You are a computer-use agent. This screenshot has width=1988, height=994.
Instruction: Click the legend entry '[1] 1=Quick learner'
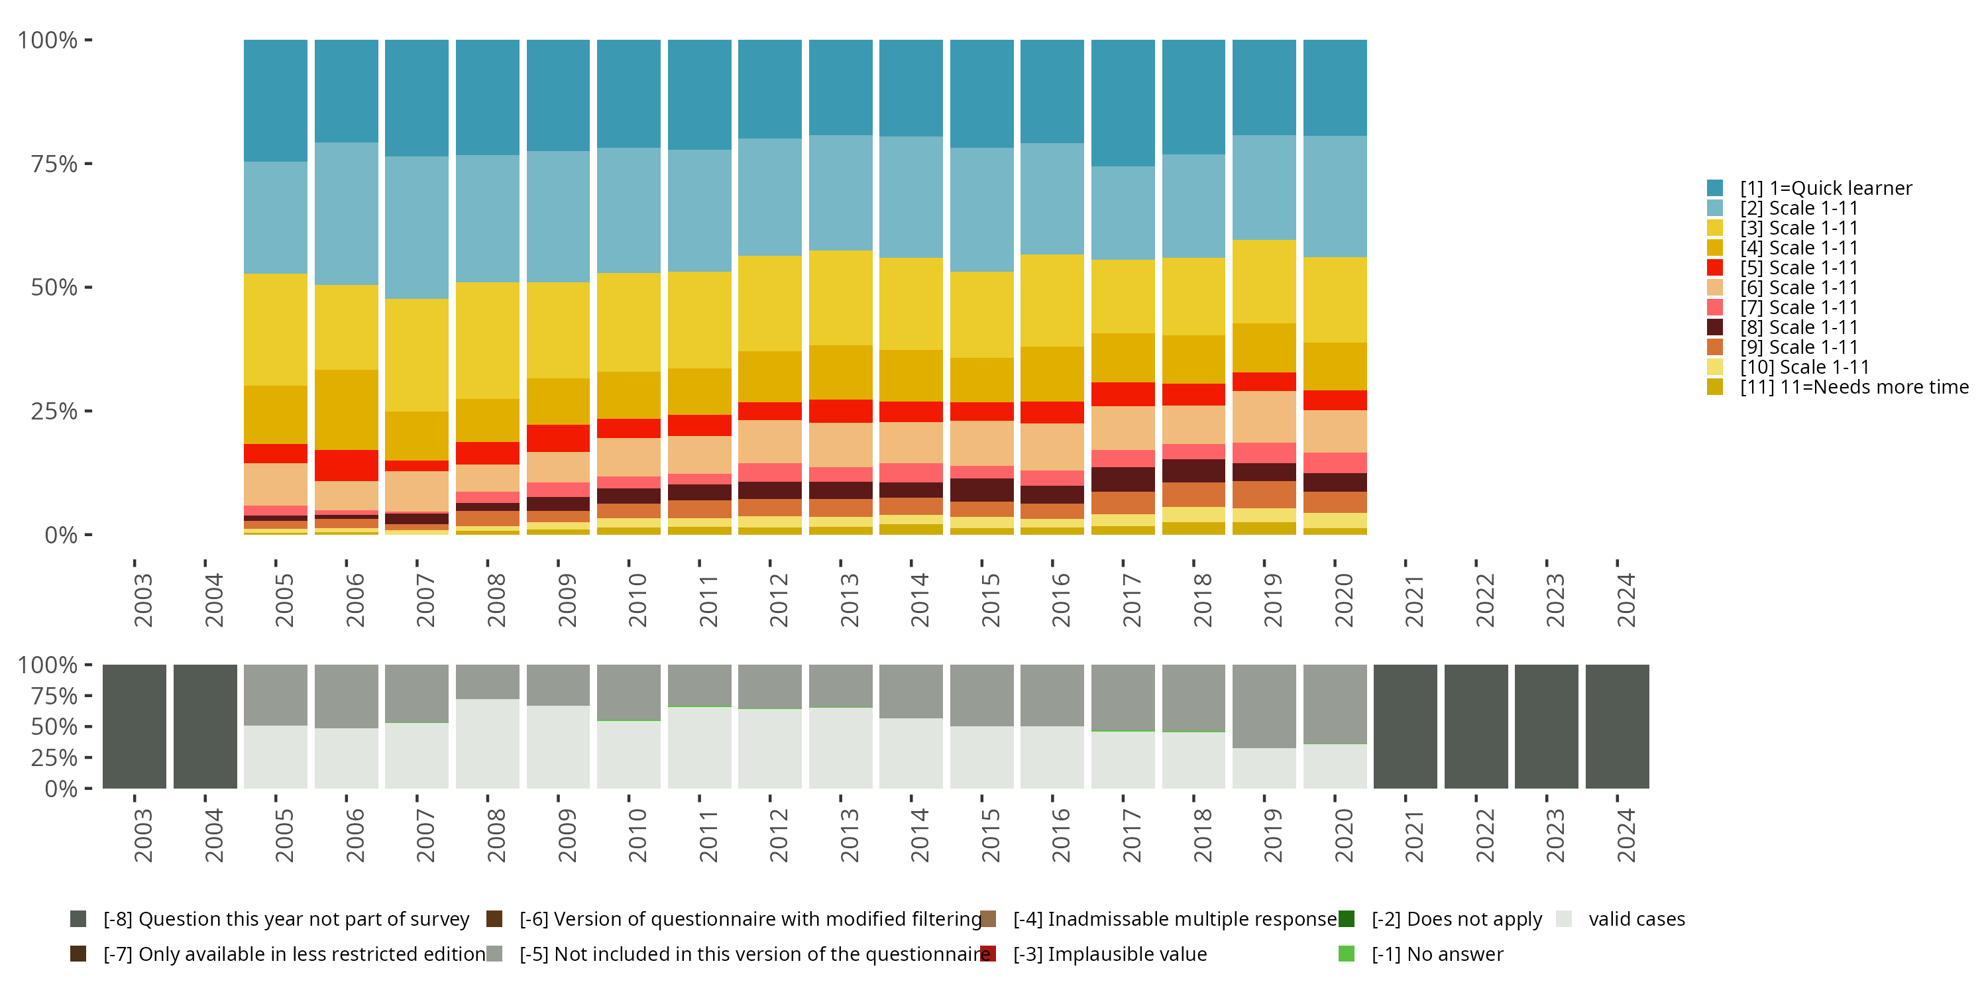point(1825,188)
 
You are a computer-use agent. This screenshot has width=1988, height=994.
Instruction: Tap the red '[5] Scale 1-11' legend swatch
point(1715,268)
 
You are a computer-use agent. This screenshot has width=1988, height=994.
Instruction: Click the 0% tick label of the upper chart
point(60,535)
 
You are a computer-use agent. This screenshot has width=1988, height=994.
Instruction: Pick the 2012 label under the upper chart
point(779,600)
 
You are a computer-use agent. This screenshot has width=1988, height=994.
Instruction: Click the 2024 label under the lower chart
point(1626,835)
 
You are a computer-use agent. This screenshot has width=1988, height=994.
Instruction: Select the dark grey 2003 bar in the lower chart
point(135,726)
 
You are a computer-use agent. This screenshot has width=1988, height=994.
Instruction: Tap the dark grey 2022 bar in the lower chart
point(1476,726)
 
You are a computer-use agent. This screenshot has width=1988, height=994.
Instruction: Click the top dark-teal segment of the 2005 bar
point(276,100)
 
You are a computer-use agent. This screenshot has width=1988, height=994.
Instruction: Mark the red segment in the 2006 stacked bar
point(347,465)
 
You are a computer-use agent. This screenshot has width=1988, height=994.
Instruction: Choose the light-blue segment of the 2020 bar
point(1335,197)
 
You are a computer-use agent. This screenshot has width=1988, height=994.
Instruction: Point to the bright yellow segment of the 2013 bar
point(840,298)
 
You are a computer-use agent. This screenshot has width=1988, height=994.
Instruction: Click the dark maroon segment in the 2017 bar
point(1123,479)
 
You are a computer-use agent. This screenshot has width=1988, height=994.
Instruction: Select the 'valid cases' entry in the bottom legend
point(1636,919)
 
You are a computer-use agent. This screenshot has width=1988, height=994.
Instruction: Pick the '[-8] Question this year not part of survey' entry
point(286,919)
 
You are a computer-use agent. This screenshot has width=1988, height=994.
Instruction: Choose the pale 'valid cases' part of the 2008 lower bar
point(488,744)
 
